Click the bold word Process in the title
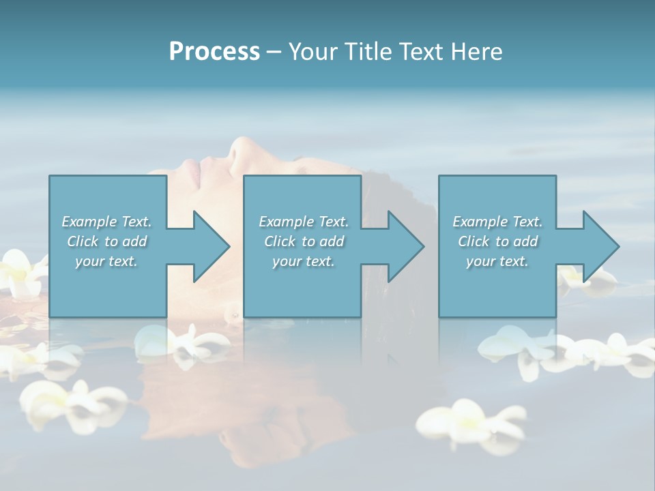point(214,52)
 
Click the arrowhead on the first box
point(209,246)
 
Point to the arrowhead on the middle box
point(404,246)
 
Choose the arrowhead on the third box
point(599,246)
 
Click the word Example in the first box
point(89,222)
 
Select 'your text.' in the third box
point(497,261)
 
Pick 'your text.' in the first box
point(106,261)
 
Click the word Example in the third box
point(480,222)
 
